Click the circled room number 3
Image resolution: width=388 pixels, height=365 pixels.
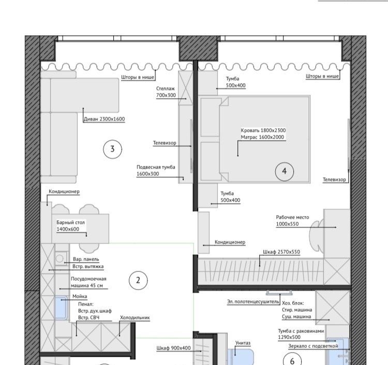pos(113,149)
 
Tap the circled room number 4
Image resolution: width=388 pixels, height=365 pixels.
pos(285,171)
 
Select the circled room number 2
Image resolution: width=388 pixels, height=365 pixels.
pos(138,280)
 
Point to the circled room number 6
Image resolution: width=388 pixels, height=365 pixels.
pos(292,361)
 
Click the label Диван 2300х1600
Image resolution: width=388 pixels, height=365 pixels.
pos(104,119)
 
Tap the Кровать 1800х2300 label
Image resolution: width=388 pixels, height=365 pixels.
pos(263,130)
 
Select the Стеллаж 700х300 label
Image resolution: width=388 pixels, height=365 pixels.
pos(166,92)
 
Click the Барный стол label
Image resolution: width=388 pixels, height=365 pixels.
pos(70,222)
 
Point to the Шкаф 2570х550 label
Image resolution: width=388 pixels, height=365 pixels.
pos(281,252)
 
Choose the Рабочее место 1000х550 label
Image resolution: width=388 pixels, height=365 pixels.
pos(292,221)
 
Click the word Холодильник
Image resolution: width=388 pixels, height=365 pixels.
pos(135,317)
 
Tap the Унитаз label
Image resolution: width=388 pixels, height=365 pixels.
pos(243,343)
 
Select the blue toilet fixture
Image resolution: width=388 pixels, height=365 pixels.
pos(240,357)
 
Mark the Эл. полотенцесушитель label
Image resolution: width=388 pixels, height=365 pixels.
pos(253,302)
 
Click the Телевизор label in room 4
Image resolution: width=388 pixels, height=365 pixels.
pos(334,180)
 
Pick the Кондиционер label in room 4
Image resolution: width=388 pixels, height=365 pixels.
pos(230,242)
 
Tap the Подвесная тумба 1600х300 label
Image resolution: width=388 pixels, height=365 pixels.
pos(156,171)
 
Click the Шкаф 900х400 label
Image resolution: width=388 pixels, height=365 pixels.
pos(173,348)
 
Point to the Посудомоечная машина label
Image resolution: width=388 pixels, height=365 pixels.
pos(88,282)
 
